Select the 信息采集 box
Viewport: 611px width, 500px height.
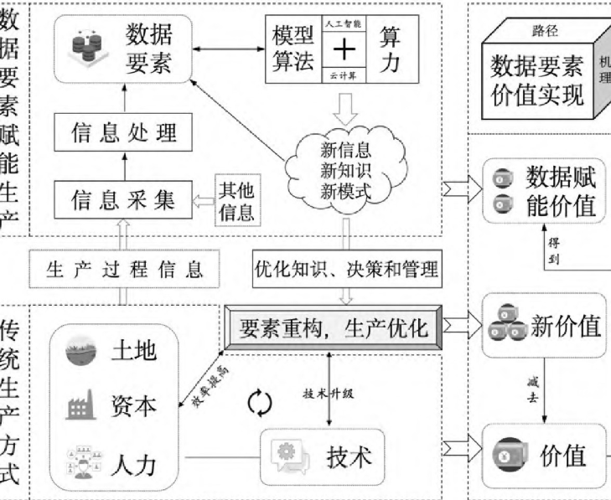pos(123,199)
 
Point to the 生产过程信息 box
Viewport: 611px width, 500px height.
pos(125,268)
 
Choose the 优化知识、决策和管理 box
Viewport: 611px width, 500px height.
pos(346,269)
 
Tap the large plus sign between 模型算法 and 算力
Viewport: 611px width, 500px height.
pos(344,50)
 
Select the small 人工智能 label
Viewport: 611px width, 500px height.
pos(344,24)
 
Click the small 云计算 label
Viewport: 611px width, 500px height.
pos(344,75)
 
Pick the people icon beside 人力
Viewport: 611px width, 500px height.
pos(82,461)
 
